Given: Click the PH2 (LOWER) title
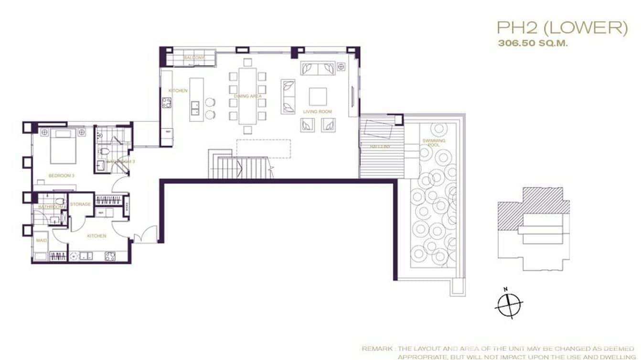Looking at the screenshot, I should [x=562, y=28].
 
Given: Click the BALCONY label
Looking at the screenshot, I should [x=194, y=58].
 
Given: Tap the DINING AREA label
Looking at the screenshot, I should [x=247, y=96].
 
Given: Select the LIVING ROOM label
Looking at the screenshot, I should [x=318, y=112].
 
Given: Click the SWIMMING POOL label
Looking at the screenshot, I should [x=434, y=143].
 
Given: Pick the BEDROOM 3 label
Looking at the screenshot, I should [x=61, y=176].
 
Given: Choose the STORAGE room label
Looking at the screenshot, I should [x=80, y=204].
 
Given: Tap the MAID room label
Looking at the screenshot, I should [x=42, y=240].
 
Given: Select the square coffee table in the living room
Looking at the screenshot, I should [x=318, y=96].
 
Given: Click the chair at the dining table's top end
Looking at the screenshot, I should [x=247, y=62].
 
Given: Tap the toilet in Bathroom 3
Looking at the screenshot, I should [x=105, y=152].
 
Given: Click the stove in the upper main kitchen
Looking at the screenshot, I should [x=167, y=102].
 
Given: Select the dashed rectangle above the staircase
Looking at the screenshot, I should [x=264, y=148].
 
